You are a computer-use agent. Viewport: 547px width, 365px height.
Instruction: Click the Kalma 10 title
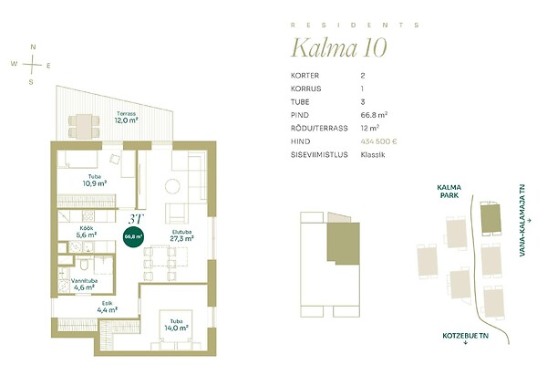339,47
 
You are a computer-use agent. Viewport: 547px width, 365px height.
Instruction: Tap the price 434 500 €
378,141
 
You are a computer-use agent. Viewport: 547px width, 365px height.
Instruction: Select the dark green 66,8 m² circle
134,236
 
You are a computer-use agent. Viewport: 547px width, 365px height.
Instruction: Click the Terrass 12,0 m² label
127,118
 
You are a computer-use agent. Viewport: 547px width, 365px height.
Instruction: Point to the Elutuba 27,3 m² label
181,235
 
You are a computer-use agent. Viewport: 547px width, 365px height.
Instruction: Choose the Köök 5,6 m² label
87,232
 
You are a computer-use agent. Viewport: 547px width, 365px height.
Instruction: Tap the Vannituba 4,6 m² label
84,285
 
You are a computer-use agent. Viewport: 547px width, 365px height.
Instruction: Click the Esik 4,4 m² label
107,307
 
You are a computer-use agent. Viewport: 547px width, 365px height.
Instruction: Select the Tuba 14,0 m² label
177,325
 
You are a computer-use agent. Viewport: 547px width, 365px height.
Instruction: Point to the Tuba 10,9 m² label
95,181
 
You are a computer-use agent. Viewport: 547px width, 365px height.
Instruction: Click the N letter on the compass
33,47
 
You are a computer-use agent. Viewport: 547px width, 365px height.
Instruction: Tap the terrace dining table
84,126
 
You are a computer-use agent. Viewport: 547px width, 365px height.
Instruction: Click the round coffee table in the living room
172,186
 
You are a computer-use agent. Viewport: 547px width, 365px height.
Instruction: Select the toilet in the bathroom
84,264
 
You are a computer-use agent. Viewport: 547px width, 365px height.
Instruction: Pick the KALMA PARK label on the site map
449,192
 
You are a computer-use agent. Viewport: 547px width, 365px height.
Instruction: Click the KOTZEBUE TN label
465,336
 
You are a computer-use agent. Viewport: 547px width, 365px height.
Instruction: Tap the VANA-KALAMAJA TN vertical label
522,221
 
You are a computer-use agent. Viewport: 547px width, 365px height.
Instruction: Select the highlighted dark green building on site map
490,218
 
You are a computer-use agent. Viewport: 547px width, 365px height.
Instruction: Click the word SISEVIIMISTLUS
319,155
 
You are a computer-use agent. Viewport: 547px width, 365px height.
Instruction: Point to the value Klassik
373,155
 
